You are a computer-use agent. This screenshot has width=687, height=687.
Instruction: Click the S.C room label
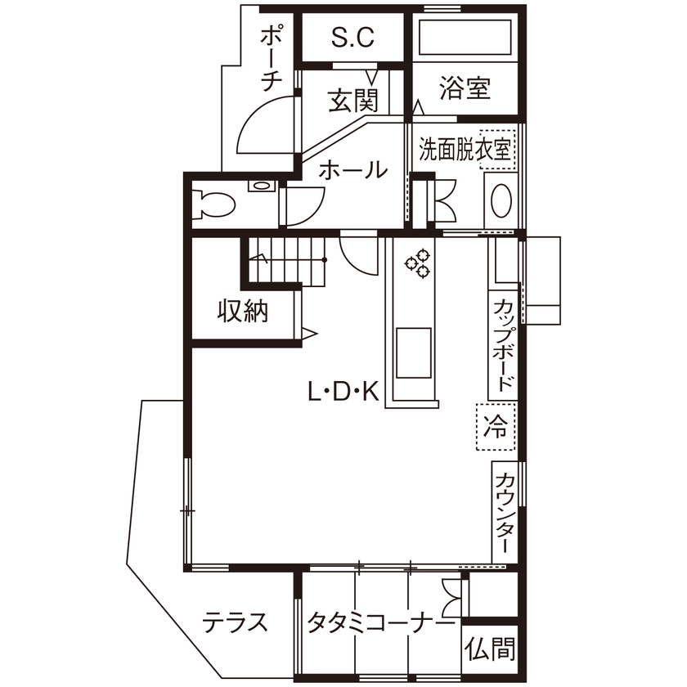(352, 37)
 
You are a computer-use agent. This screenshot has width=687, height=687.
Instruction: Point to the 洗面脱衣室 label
(465, 150)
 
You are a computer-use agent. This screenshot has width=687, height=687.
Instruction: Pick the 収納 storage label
(243, 311)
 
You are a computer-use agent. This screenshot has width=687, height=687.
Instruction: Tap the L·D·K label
(343, 394)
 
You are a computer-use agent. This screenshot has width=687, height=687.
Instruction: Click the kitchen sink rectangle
(415, 350)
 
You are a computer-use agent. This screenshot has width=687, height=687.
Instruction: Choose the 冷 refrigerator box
(496, 425)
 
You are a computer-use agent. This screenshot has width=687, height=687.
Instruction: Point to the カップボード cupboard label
(505, 347)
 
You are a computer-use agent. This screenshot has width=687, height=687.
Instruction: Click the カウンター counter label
(505, 514)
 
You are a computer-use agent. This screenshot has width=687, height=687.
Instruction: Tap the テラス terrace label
(236, 623)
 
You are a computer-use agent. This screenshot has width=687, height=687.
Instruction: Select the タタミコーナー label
(380, 623)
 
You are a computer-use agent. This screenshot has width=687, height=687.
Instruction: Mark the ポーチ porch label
(272, 57)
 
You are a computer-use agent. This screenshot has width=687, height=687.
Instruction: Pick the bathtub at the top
(465, 37)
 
